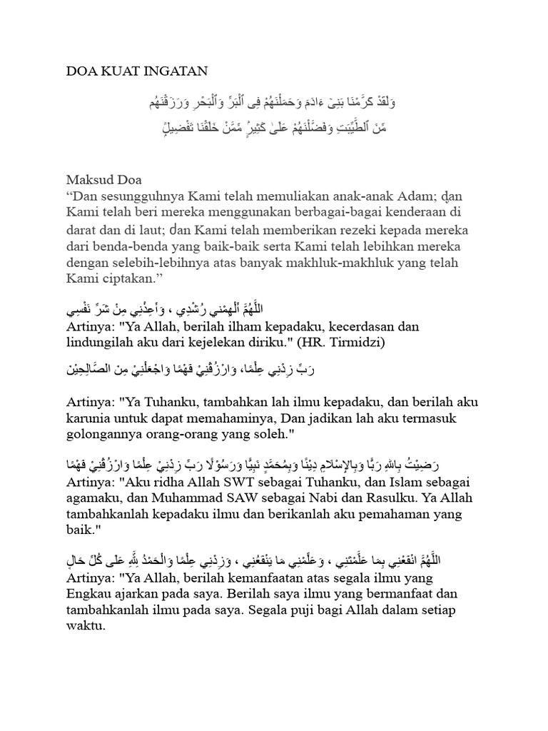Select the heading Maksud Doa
click(104, 179)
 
